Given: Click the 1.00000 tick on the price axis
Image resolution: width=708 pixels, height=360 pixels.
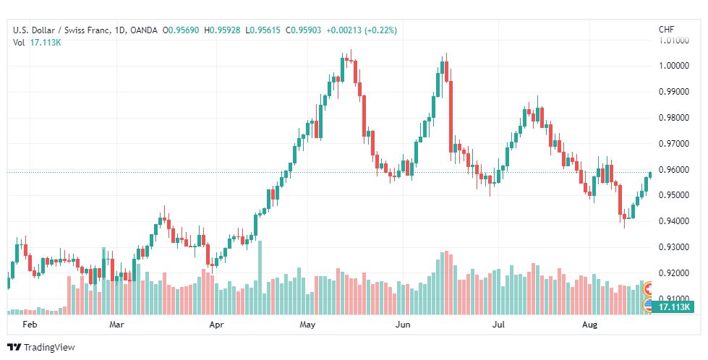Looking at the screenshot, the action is (x=674, y=66).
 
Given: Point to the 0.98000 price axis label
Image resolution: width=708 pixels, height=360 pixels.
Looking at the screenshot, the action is (x=674, y=118).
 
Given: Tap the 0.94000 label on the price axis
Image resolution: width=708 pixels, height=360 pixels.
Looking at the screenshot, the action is (x=674, y=221).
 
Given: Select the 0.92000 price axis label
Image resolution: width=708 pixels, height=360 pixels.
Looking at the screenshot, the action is (x=674, y=273).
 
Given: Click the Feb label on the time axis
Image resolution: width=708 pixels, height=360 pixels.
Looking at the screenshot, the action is (x=30, y=325).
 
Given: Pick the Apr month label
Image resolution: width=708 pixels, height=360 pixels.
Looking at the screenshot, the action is (x=216, y=325).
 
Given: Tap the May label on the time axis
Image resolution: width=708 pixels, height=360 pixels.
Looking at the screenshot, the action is (x=307, y=325).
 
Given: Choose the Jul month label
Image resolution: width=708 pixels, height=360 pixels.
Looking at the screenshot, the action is (x=498, y=325).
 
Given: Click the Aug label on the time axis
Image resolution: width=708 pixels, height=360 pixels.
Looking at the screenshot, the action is (x=589, y=325).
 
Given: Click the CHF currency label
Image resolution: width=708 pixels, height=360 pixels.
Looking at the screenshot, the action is (x=667, y=30).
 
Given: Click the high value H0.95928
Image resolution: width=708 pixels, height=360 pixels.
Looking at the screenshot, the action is (x=222, y=30).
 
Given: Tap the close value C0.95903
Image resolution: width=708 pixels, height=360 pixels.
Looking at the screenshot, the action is (x=304, y=30).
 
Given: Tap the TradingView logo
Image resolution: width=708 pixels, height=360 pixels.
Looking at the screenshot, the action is (x=41, y=348).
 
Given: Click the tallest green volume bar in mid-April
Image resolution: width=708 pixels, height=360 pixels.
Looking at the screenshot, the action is (x=260, y=278).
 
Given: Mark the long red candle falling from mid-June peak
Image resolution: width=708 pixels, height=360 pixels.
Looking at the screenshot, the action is (x=451, y=117).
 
